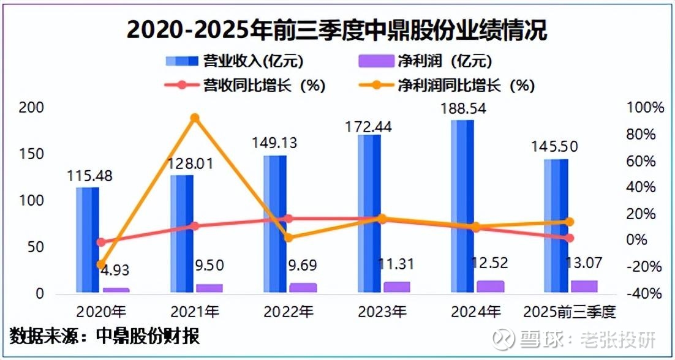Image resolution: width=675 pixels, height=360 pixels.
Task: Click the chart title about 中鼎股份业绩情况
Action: [x=337, y=29]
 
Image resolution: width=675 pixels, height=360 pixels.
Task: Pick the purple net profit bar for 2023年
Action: [x=397, y=287]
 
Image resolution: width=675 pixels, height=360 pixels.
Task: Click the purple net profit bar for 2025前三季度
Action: [x=584, y=286]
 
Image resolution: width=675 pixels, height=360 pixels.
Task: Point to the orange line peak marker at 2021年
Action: [x=194, y=118]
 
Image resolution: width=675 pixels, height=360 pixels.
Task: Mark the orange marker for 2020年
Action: [x=101, y=264]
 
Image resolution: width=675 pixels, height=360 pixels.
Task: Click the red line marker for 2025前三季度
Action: [x=569, y=238]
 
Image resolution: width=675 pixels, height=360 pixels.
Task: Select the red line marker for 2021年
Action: [x=194, y=226]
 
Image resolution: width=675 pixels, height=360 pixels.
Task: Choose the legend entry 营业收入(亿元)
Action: [x=235, y=61]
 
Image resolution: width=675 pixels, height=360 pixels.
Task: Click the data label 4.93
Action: [x=115, y=269]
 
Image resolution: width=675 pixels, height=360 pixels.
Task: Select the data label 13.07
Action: [x=583, y=263]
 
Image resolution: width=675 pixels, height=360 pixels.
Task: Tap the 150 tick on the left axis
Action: [x=34, y=154]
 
